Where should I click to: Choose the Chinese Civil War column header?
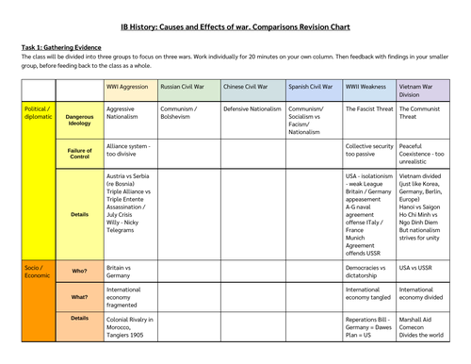[248, 87]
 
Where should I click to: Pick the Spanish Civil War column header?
[310, 87]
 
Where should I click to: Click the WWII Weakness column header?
[368, 87]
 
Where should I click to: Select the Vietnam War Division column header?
[423, 91]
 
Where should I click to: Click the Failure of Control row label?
[79, 151]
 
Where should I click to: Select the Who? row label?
[79, 271]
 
